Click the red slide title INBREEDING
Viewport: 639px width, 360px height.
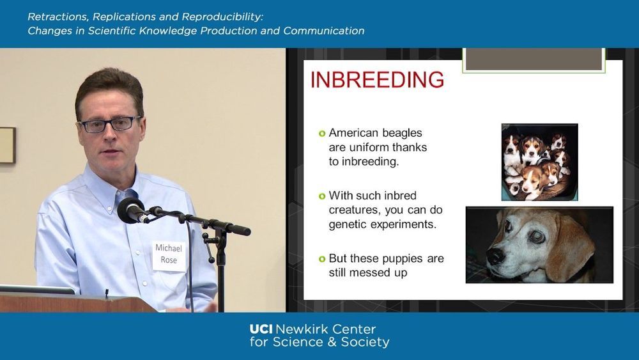tap(377, 79)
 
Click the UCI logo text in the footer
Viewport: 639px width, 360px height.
tap(261, 329)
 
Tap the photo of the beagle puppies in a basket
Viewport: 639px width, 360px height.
tap(539, 162)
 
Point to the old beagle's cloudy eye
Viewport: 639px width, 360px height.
tap(537, 236)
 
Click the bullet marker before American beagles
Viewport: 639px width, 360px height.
tap(322, 133)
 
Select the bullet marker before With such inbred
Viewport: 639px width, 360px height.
tap(322, 196)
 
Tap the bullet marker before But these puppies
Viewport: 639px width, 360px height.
tap(322, 259)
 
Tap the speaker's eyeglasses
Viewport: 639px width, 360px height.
tap(110, 124)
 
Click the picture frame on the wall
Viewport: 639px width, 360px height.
tap(8, 145)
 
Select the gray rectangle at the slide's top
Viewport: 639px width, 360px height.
tap(534, 59)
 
